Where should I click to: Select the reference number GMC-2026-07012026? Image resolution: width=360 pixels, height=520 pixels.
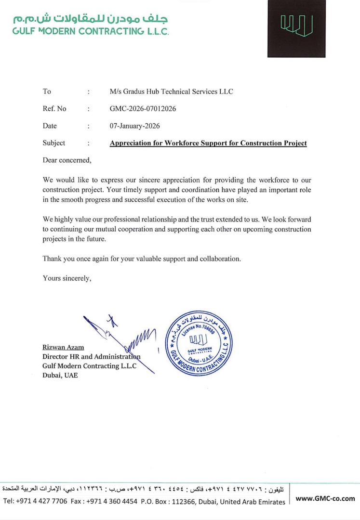tap(143, 109)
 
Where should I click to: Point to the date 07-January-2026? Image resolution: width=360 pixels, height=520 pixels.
tap(134, 126)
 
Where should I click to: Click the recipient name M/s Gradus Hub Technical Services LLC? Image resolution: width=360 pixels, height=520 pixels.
tap(172, 91)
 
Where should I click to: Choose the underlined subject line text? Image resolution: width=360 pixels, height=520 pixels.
tap(208, 143)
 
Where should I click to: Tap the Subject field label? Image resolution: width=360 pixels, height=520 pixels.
tap(54, 143)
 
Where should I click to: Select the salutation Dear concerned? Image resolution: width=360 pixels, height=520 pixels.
tap(67, 159)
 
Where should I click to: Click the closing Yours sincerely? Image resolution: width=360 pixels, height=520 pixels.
tap(67, 278)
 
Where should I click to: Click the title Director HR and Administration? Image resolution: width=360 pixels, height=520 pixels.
tap(92, 357)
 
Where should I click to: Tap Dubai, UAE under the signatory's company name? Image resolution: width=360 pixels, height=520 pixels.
tap(60, 376)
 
